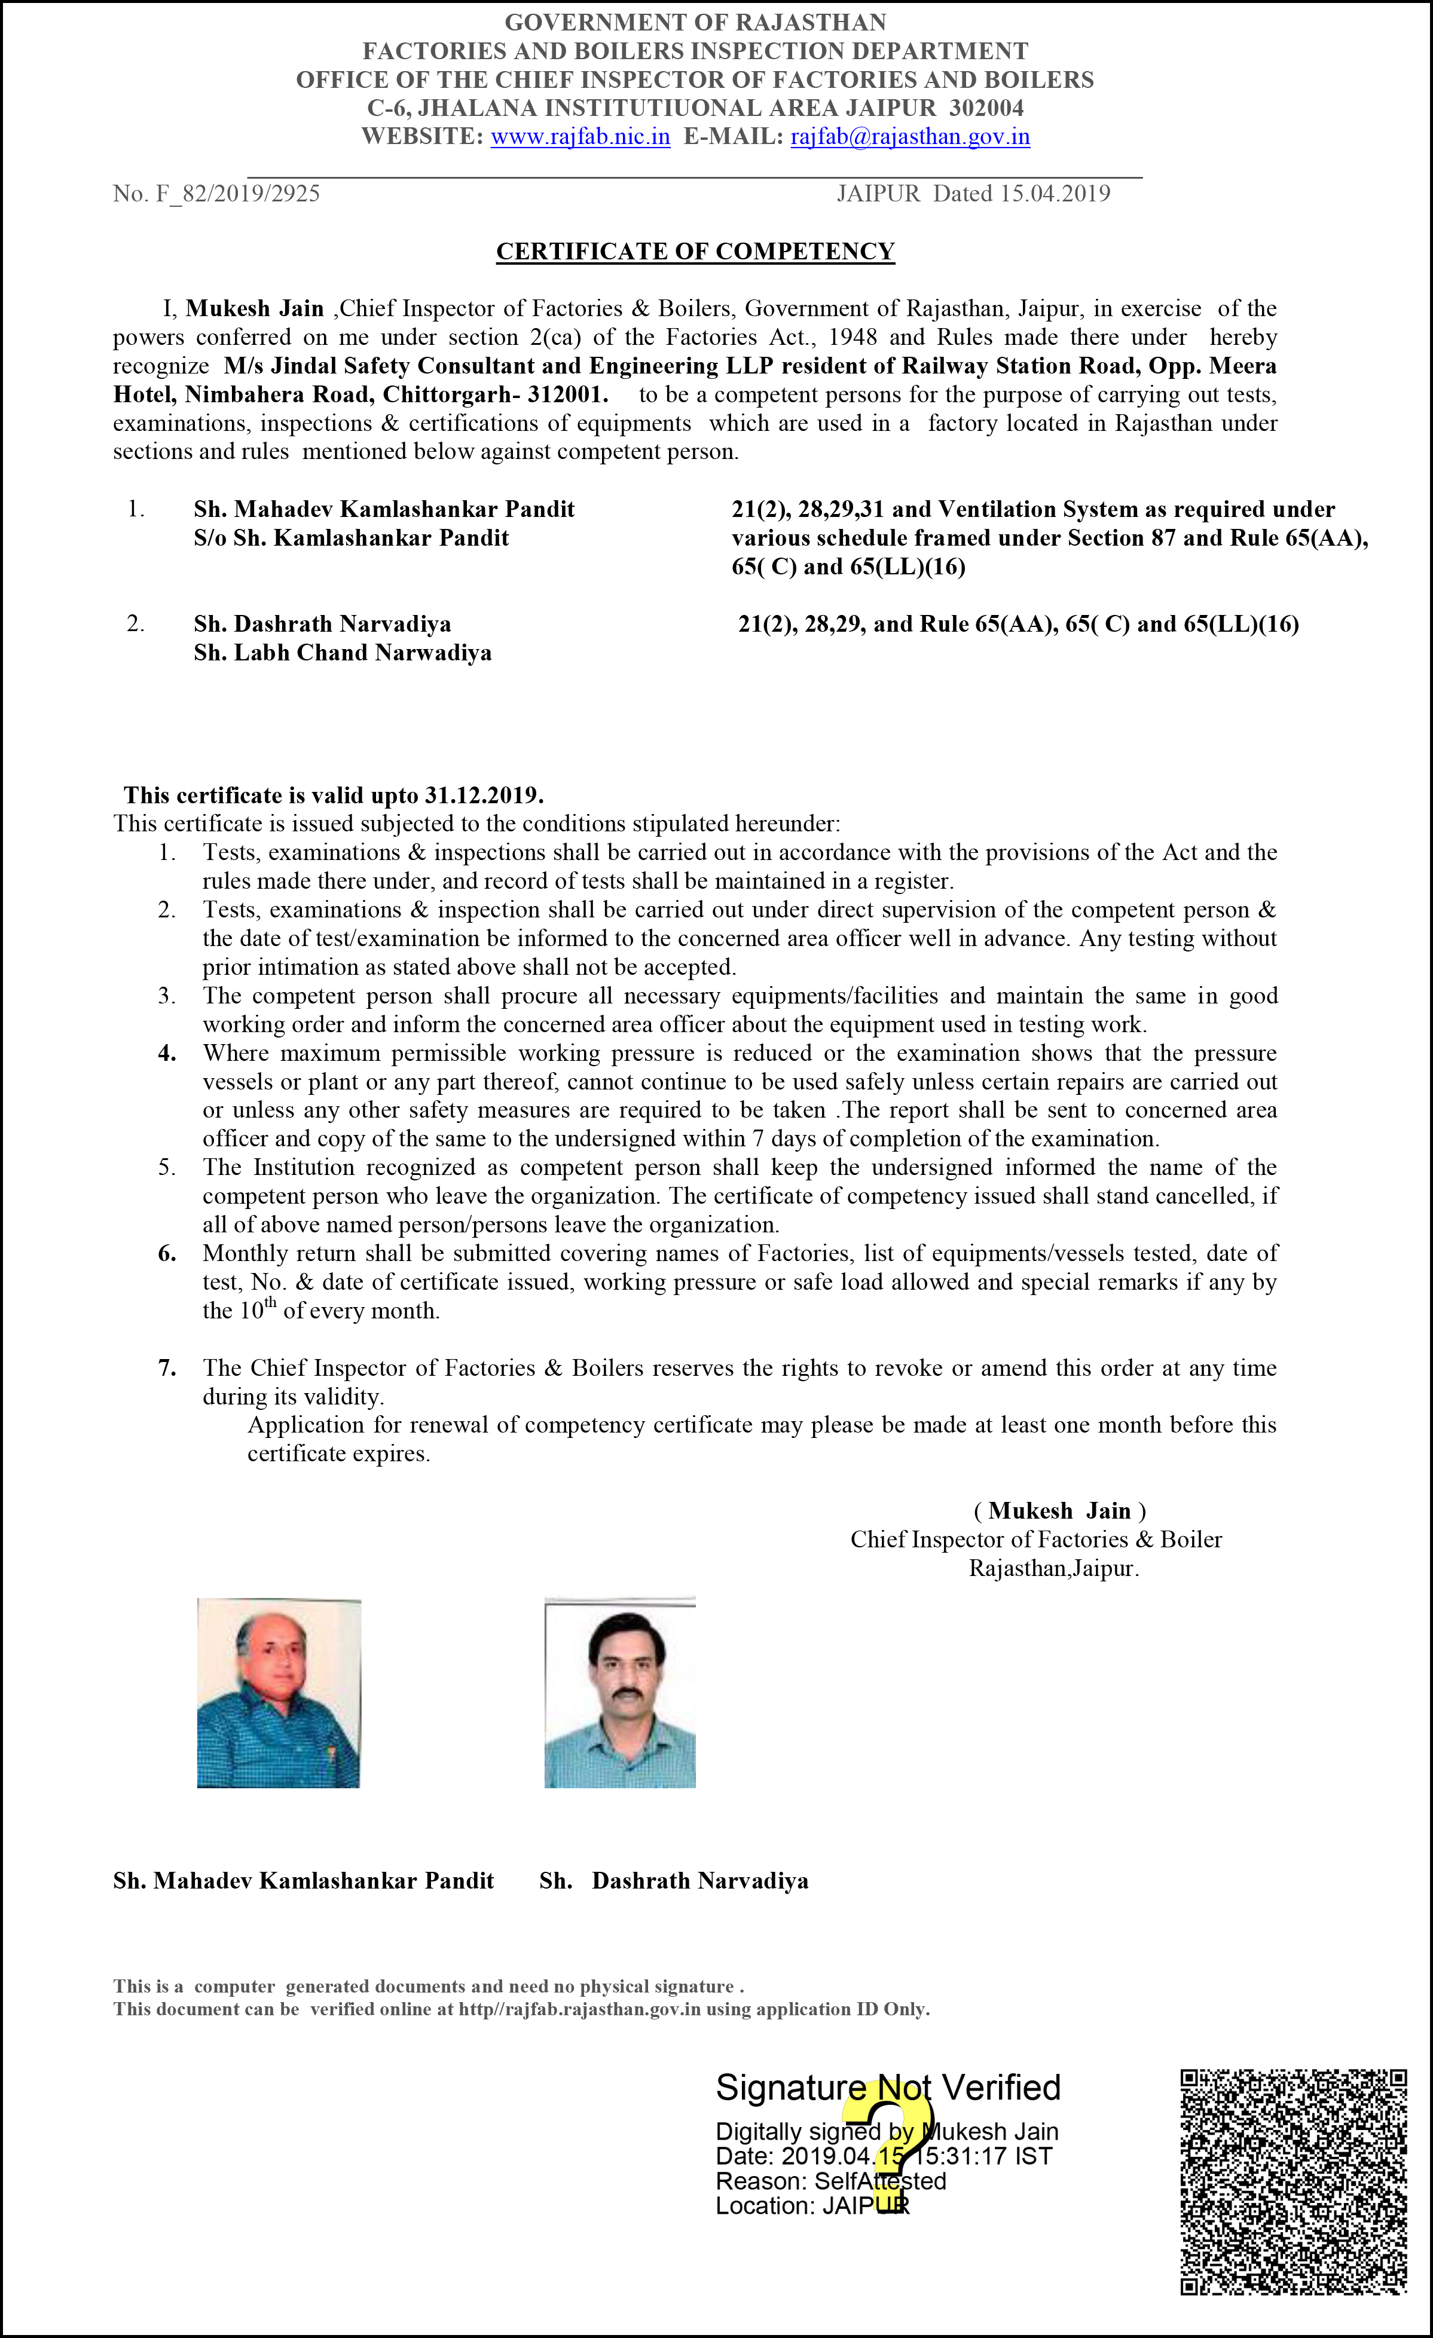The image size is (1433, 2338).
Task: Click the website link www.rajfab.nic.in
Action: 580,137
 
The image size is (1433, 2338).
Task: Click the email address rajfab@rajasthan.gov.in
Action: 910,137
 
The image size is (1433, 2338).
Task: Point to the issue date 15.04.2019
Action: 1055,194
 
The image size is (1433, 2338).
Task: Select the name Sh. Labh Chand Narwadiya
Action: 343,653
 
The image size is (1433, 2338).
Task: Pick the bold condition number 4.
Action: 167,1053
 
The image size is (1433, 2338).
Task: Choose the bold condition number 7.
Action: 167,1367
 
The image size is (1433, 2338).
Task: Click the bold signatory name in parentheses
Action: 1059,1511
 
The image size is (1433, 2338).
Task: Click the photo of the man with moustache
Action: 620,1693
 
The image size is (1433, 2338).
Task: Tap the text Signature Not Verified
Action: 887,2088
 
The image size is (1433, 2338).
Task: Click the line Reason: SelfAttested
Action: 830,2180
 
